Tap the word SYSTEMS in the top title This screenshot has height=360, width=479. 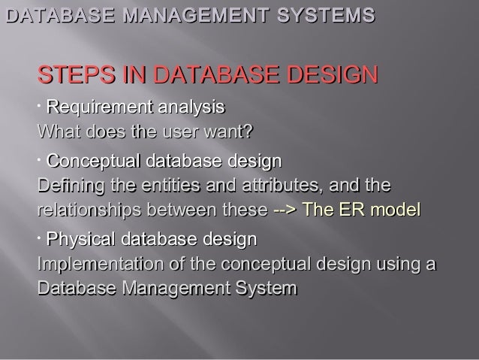pos(318,14)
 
